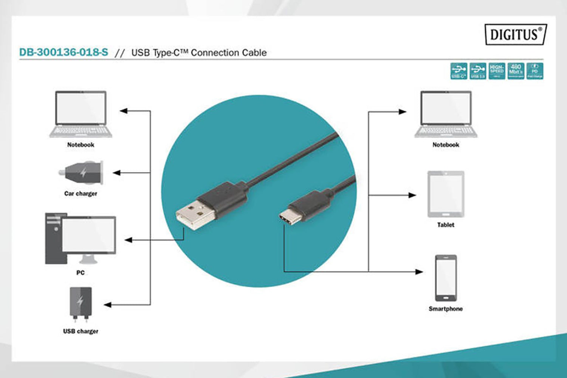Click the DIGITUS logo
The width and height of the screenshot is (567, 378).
[515, 35]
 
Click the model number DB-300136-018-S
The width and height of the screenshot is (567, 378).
[64, 52]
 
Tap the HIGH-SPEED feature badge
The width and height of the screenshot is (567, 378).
[497, 71]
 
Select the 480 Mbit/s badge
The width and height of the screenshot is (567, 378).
[516, 71]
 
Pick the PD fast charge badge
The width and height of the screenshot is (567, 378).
[534, 71]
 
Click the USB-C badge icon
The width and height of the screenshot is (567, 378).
[459, 71]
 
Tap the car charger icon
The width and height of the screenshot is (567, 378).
[81, 173]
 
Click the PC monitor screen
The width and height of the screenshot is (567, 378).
[88, 235]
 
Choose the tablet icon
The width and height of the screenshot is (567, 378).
[446, 194]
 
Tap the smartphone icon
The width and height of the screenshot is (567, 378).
[446, 278]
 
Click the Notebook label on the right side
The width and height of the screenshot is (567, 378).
[446, 145]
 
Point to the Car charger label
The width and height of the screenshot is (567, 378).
[81, 194]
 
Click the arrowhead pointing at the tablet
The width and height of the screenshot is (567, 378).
[412, 195]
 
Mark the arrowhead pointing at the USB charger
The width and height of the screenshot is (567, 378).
[108, 305]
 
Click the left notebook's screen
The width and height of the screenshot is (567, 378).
[81, 108]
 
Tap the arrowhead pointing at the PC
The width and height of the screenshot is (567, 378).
[128, 240]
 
